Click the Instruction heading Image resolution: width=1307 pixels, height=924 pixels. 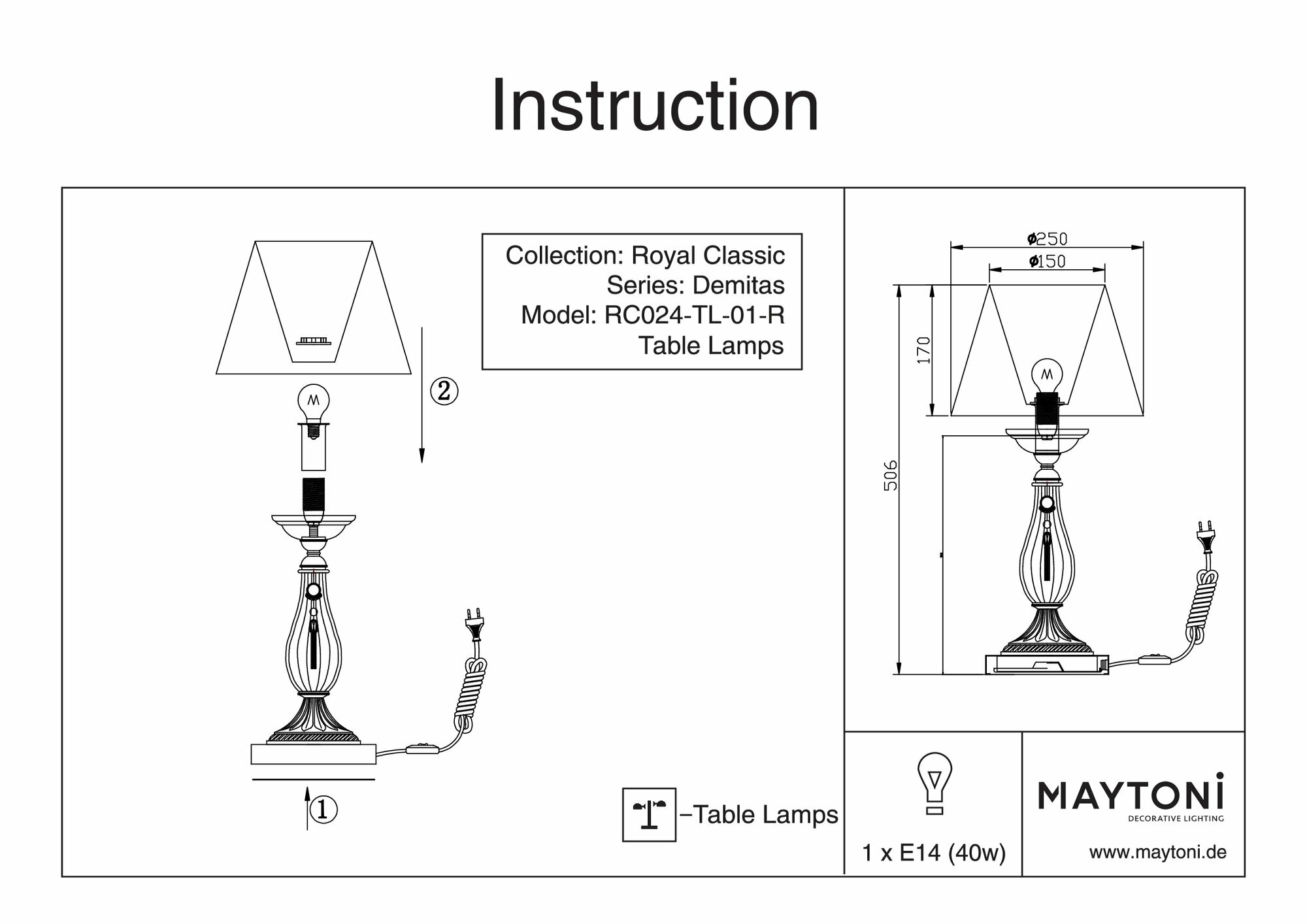click(655, 106)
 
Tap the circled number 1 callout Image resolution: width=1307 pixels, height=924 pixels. click(323, 810)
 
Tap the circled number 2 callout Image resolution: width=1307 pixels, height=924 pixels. click(444, 391)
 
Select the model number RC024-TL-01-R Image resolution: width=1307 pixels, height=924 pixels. click(694, 315)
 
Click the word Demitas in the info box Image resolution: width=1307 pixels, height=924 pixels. click(738, 285)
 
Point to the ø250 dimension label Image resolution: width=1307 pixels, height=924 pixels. click(1047, 239)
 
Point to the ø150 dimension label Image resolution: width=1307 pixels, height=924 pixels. click(1047, 261)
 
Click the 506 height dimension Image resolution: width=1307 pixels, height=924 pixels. click(890, 476)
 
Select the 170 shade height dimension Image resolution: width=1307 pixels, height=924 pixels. click(923, 350)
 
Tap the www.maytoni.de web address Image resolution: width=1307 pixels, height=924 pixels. click(1157, 852)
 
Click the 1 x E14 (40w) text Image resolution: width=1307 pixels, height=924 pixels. click(934, 853)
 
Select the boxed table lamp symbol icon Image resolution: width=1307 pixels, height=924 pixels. click(649, 814)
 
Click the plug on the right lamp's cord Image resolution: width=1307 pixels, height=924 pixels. click(1204, 535)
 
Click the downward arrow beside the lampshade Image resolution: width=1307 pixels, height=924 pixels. click(422, 395)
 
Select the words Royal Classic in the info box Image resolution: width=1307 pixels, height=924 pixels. click(708, 255)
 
